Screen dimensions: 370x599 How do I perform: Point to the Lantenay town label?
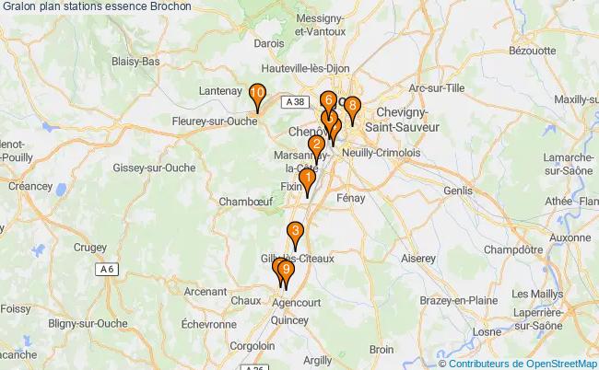[x=222, y=91]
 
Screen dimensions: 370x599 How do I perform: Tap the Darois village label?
[x=269, y=68]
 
